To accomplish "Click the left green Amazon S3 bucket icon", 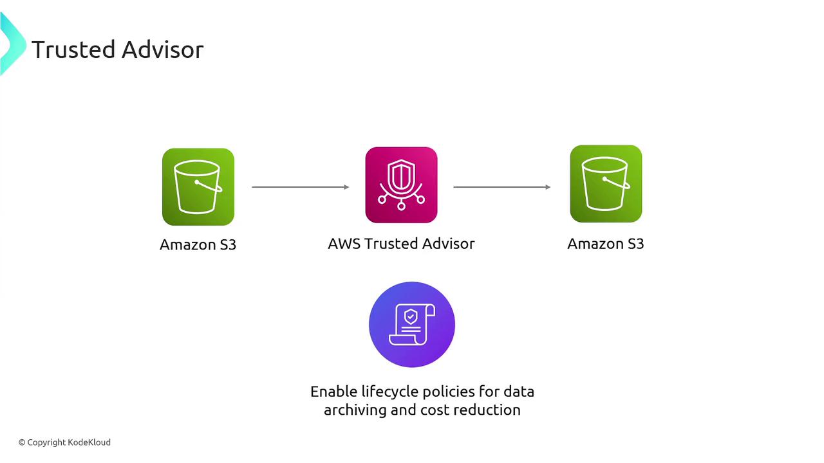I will point(198,187).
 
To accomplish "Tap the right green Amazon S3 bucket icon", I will point(606,184).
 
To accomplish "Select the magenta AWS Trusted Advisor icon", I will point(401,185).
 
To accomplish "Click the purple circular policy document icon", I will point(412,325).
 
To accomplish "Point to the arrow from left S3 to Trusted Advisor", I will point(300,187).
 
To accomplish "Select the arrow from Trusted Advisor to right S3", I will point(501,187).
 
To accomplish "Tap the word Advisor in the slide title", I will point(165,50).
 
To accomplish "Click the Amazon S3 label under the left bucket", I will point(198,245).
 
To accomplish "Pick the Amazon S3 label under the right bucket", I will point(605,244).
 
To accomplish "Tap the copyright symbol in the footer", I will point(22,442).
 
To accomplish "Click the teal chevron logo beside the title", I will point(12,44).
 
